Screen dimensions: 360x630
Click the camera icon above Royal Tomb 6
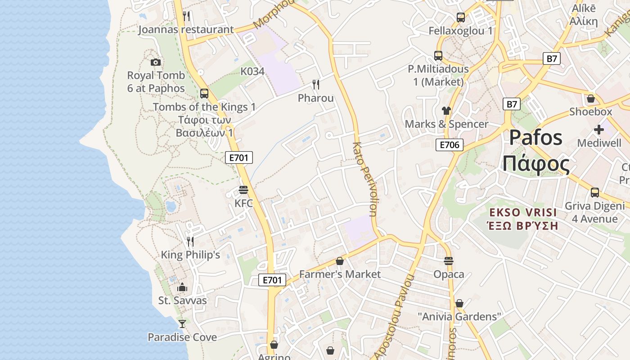tap(156, 62)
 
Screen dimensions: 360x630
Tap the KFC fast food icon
tap(243, 190)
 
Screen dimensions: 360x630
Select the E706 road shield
tap(449, 144)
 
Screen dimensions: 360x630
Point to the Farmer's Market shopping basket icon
tap(340, 261)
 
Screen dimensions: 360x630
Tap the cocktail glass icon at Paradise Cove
tap(182, 324)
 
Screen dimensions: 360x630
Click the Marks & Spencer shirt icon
tap(446, 111)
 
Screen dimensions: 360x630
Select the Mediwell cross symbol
tap(598, 130)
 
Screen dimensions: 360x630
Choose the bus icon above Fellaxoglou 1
tap(460, 18)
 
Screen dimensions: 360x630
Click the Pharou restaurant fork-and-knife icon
tap(316, 85)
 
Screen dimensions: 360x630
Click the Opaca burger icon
tap(448, 261)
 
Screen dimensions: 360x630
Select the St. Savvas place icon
tap(182, 287)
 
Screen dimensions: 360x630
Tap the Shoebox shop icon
tap(590, 99)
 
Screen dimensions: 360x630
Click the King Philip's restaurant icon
tap(190, 242)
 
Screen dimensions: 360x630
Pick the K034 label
tap(252, 72)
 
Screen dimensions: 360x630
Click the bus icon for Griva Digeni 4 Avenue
tap(594, 193)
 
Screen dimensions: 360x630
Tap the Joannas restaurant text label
tap(186, 30)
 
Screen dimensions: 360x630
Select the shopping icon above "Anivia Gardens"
tap(459, 303)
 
